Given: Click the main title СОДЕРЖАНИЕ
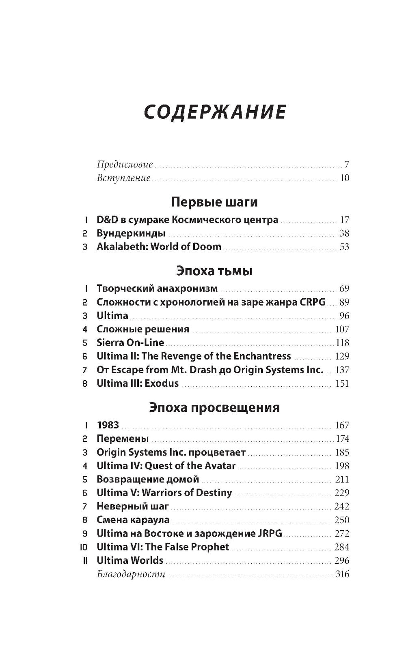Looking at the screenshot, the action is [215, 112].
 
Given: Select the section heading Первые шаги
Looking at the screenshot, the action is [214, 202].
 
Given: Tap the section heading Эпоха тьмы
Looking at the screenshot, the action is [214, 270].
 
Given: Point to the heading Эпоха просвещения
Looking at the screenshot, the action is [214, 407].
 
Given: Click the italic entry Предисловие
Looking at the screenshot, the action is [125, 165].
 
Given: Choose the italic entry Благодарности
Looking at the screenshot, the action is [131, 574].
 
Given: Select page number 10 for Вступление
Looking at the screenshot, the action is [344, 178].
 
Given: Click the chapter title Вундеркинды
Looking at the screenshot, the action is [131, 233].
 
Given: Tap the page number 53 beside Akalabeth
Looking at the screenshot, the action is [344, 247].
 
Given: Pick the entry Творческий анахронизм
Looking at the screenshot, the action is [157, 289].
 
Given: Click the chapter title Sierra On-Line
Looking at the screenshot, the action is [130, 342].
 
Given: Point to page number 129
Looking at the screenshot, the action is [342, 356].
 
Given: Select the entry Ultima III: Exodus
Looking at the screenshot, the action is [138, 383].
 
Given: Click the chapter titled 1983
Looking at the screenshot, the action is [108, 425].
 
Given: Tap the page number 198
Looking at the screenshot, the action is [342, 466].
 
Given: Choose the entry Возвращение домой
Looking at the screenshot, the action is [148, 479].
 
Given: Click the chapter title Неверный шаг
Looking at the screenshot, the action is [133, 506].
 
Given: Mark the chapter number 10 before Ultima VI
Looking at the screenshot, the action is [84, 547].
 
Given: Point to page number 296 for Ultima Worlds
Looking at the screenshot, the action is [342, 561].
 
